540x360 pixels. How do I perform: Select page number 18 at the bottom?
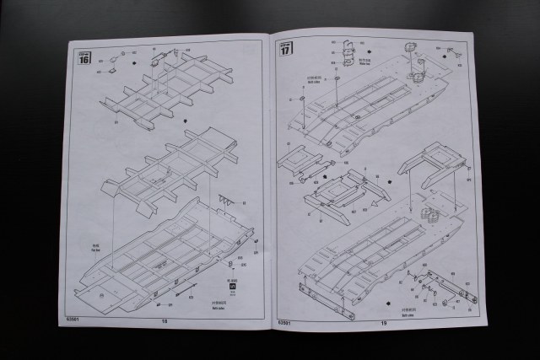click(164, 321)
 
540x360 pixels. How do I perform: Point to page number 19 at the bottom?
click(381, 321)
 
